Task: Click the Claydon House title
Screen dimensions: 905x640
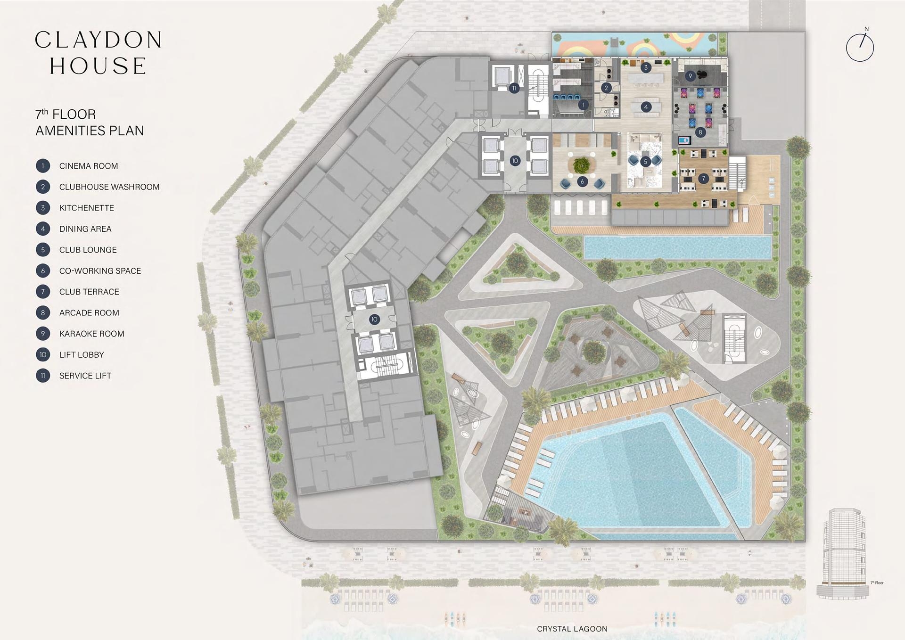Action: [99, 53]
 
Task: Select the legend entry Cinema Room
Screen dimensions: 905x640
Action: [89, 166]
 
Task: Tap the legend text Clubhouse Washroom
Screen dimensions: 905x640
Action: [109, 187]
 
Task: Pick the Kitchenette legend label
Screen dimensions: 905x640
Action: [87, 208]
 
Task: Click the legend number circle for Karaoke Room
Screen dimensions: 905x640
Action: [43, 334]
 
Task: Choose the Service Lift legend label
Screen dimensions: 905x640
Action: [85, 376]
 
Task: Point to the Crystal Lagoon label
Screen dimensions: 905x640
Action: [572, 629]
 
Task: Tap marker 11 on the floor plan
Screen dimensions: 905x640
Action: [514, 88]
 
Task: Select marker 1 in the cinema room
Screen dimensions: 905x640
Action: [584, 105]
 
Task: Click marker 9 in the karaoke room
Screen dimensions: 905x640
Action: [690, 76]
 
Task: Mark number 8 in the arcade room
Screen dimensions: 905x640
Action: [700, 132]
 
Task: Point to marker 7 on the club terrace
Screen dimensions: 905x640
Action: [704, 179]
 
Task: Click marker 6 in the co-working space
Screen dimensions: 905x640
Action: [583, 181]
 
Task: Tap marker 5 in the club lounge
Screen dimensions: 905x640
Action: [646, 162]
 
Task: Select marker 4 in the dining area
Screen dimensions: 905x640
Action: [646, 107]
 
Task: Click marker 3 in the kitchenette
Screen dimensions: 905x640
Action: [646, 67]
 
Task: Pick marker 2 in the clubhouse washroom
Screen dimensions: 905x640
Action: [607, 88]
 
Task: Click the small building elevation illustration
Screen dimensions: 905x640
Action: [844, 554]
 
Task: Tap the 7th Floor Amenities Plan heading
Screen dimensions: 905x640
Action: [90, 123]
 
